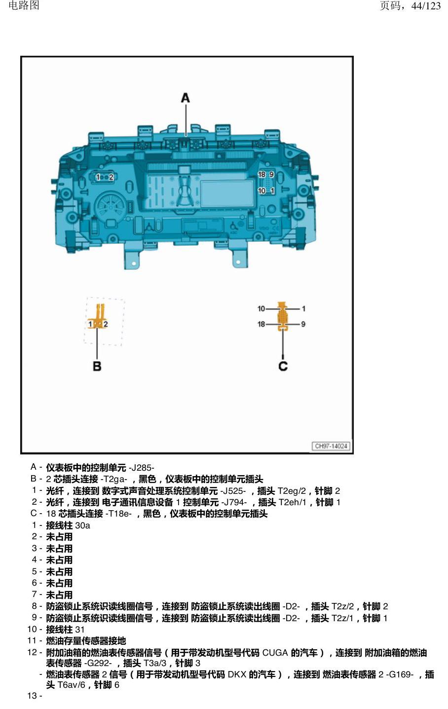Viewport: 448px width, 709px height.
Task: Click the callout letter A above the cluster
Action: click(186, 98)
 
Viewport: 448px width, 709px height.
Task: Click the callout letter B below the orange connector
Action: click(97, 366)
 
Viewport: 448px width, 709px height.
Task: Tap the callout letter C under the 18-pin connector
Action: click(283, 366)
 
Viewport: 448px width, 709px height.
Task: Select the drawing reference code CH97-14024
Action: click(331, 446)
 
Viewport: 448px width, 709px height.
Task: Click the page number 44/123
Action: click(426, 6)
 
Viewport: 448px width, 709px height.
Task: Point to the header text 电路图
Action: click(24, 5)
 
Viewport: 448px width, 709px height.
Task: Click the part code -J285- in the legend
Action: click(141, 468)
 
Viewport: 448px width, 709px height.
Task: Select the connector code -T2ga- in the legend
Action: click(113, 479)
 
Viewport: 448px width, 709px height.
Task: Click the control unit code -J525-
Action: click(233, 491)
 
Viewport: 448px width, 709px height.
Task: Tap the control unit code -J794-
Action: click(234, 502)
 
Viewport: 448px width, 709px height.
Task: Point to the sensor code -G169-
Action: click(400, 674)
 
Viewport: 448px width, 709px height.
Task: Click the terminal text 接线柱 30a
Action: click(68, 525)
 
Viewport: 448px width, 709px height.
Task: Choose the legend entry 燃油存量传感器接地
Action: click(86, 641)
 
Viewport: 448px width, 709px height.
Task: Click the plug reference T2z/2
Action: click(342, 606)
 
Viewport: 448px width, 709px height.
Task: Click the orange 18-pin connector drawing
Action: click(282, 317)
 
